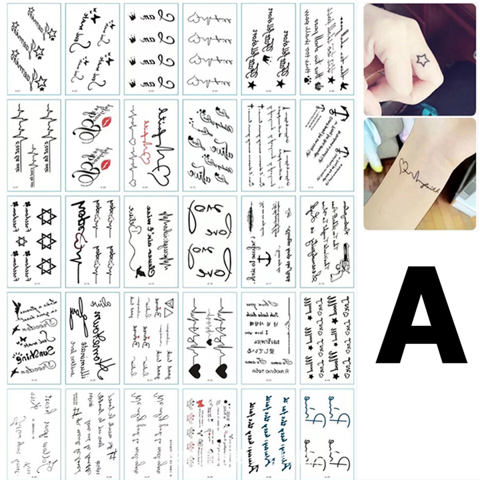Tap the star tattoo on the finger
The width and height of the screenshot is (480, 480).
pyautogui.click(x=422, y=61)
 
